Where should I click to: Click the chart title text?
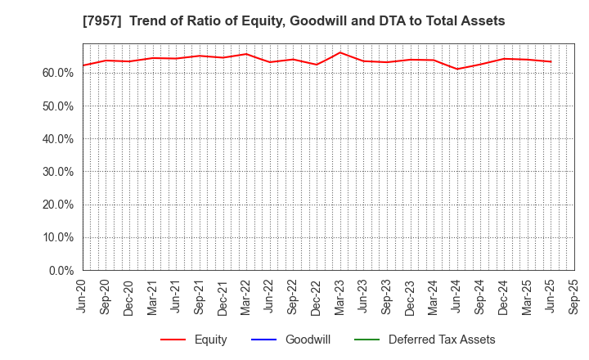click(x=294, y=20)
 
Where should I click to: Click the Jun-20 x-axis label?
click(x=83, y=296)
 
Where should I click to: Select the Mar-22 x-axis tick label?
click(x=246, y=296)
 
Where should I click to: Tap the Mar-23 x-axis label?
click(x=340, y=296)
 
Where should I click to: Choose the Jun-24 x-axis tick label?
click(x=457, y=296)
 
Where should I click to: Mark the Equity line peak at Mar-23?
click(x=340, y=52)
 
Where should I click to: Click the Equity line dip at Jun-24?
click(x=457, y=69)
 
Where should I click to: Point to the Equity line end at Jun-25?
click(x=551, y=61)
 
